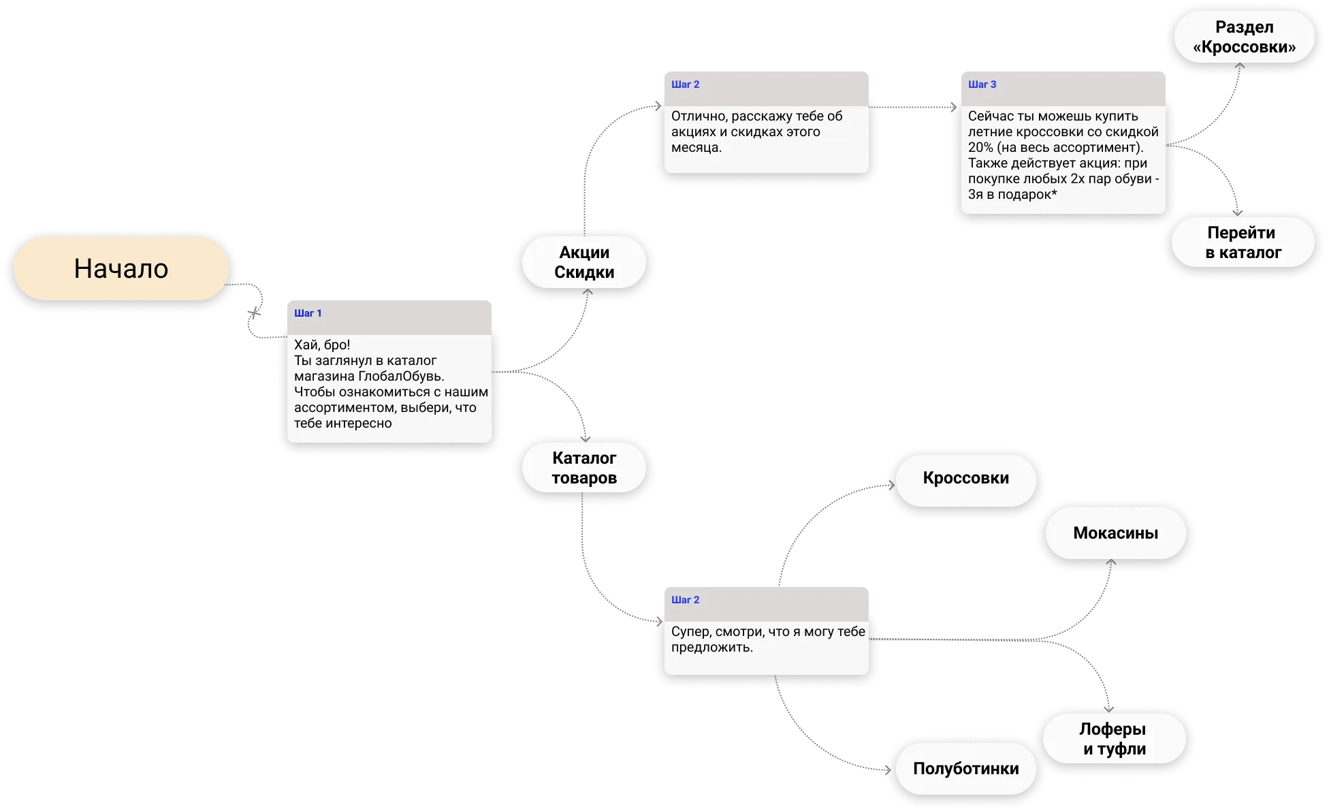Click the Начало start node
point(121,269)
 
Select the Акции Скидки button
point(584,262)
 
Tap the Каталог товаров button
point(584,468)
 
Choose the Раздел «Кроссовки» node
point(1244,37)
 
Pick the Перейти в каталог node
point(1243,242)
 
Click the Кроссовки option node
point(966,479)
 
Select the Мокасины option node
point(1115,533)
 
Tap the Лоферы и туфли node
point(1114,739)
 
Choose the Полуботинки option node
point(966,769)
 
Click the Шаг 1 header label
point(308,313)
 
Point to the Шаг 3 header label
point(982,84)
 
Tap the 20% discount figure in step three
point(980,148)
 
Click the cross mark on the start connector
point(254,313)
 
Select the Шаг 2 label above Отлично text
point(685,84)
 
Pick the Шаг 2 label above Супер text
point(685,600)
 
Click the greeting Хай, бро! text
point(322,345)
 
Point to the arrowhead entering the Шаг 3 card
point(953,107)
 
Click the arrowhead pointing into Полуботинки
point(888,770)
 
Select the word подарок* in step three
point(1027,195)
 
